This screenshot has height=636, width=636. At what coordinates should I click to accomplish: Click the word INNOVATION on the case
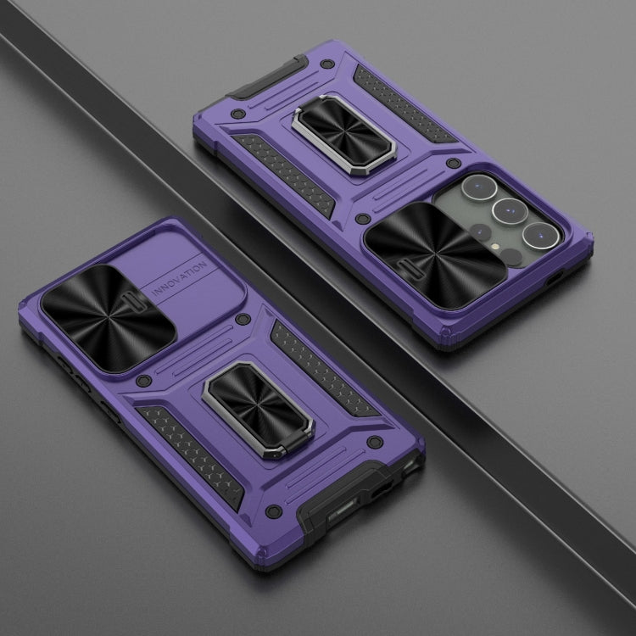click(179, 280)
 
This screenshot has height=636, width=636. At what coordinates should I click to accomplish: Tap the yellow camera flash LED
click(494, 246)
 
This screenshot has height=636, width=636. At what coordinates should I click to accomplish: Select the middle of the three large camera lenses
click(510, 212)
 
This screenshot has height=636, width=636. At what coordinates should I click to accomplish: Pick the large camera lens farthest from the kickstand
click(541, 236)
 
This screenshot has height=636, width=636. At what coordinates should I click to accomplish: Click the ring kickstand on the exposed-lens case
click(343, 134)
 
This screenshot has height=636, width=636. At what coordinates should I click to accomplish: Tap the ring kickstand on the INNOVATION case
click(258, 410)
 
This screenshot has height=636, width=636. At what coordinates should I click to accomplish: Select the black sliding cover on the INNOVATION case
click(108, 318)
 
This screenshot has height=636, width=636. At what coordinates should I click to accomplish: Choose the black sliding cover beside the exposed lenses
click(435, 255)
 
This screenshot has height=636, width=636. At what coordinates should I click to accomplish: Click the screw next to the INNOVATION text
click(243, 319)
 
